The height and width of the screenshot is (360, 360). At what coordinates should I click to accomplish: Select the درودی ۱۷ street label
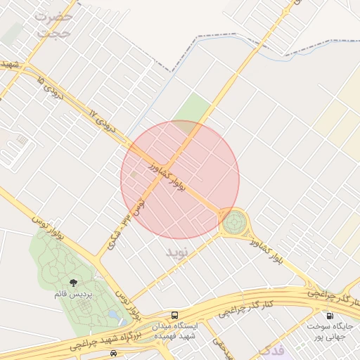(103, 119)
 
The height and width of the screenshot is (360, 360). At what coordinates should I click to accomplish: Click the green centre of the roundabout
(236, 222)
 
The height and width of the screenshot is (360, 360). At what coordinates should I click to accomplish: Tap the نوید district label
(178, 251)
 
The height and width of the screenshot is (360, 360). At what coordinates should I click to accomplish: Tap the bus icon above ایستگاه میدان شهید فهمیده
(174, 315)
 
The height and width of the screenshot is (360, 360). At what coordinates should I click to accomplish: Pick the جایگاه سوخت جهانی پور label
(331, 331)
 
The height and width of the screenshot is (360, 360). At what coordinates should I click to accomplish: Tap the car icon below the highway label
(114, 354)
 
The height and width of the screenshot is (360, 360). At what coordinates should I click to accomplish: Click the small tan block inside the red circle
(134, 173)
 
